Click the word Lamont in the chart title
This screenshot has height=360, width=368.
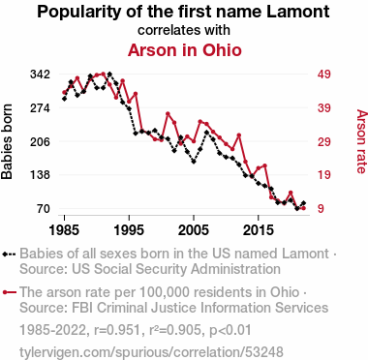[x=297, y=12]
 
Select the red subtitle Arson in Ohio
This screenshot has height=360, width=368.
[x=185, y=50]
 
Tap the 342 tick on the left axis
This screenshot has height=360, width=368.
[x=40, y=75]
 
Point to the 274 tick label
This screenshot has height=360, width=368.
[x=40, y=108]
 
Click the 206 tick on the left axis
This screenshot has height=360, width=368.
[x=40, y=141]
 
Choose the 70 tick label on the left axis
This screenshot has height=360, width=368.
[x=44, y=209]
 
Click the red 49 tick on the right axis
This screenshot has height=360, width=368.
[x=324, y=75]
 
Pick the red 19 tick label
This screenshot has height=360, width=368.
[x=324, y=175]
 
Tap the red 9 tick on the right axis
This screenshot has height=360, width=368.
[x=321, y=209]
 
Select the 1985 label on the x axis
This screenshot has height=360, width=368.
[x=64, y=230]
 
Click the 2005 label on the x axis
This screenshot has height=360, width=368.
[x=194, y=230]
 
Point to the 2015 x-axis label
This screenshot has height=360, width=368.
[x=258, y=230]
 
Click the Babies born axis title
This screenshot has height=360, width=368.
[x=7, y=141]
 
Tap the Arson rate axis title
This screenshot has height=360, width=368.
[x=361, y=141]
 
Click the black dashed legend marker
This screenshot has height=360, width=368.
[x=9, y=255]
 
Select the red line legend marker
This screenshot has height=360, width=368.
[x=9, y=292]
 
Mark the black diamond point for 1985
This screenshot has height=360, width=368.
[x=64, y=99]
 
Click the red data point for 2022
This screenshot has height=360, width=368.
[x=303, y=208]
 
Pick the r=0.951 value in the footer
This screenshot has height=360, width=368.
[x=116, y=330]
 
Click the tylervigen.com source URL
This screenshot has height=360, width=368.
[x=151, y=352]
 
